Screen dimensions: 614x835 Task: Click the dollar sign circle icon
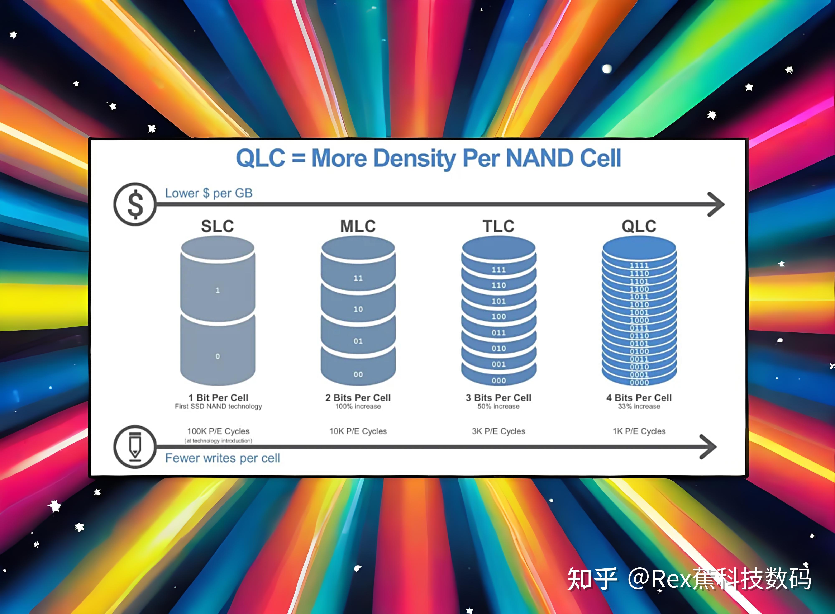pos(135,204)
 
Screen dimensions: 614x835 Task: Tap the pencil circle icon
pos(135,446)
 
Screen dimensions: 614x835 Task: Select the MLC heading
pos(358,226)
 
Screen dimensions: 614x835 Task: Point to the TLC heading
pos(498,226)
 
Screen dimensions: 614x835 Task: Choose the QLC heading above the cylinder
pos(639,226)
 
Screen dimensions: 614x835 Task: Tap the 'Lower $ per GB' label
pos(209,193)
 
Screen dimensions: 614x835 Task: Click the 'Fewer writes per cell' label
pos(223,458)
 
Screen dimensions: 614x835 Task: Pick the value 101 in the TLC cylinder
pos(498,301)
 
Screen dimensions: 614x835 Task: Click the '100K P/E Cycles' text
pos(218,431)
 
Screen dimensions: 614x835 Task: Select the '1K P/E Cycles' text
pos(639,431)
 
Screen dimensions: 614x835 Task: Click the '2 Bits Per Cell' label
pos(358,398)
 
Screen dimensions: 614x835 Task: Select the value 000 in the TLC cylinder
pos(498,381)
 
